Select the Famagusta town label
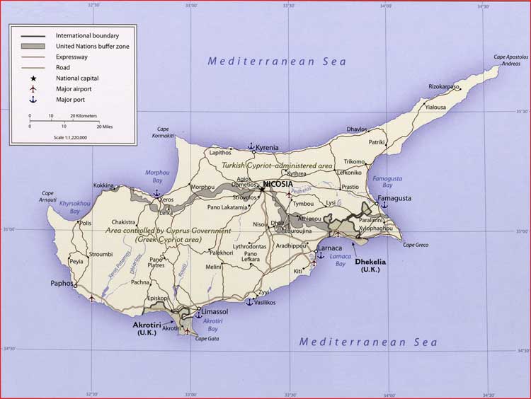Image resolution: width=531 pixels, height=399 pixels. pos(394,199)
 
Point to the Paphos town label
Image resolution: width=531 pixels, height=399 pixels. pos(62,284)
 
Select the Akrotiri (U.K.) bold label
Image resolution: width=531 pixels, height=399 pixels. pos(147,328)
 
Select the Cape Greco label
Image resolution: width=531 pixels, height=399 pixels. pos(416,245)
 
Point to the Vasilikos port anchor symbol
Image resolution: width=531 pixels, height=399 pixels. pos(249,301)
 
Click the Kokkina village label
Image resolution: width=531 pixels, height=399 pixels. pos(103,185)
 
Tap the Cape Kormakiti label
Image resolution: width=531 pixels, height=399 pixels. pos(165,132)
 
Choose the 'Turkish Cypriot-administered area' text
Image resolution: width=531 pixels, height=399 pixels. pos(277,165)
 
